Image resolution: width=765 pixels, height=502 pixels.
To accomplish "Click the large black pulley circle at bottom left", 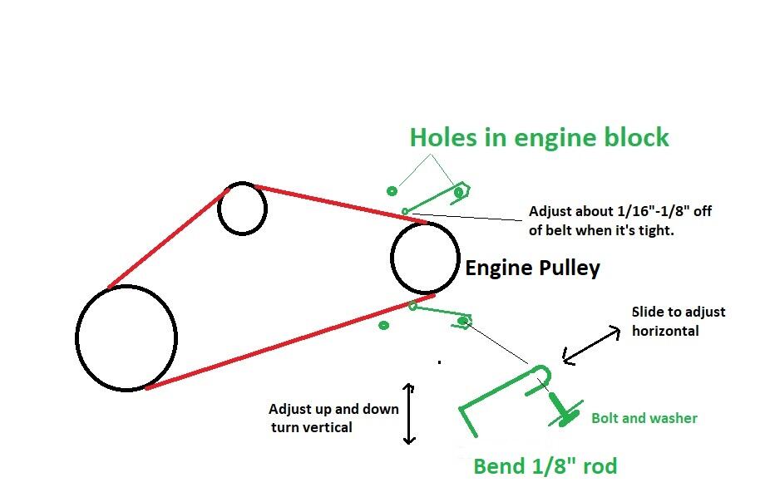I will [x=126, y=337].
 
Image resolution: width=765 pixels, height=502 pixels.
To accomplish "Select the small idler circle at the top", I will [x=242, y=208].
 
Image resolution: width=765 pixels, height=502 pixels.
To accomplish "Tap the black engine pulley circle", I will [x=425, y=258].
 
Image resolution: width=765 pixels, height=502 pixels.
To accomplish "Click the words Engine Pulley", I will [x=532, y=268].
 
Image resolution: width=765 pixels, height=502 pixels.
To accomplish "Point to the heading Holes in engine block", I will [x=539, y=137].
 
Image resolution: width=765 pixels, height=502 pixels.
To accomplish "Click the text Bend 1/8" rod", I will [x=545, y=466].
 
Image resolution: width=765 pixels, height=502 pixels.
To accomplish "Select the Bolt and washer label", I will [x=644, y=418].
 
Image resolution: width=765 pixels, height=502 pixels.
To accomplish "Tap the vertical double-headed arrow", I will [x=408, y=413].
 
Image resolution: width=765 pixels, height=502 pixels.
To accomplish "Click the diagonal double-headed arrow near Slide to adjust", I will [x=591, y=344].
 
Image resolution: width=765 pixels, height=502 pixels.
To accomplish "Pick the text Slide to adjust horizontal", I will [x=679, y=321].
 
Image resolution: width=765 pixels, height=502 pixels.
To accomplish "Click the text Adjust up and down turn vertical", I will [x=333, y=418].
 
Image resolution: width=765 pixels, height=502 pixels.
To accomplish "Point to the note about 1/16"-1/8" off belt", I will [x=619, y=220].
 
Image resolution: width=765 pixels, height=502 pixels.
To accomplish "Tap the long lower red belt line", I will [x=289, y=341].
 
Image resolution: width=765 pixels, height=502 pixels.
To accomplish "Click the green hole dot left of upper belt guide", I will [x=392, y=191].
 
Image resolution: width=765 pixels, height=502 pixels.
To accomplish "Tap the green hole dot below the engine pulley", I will [x=384, y=325].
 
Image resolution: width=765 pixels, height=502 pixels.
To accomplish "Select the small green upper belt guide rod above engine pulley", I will [x=432, y=200].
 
